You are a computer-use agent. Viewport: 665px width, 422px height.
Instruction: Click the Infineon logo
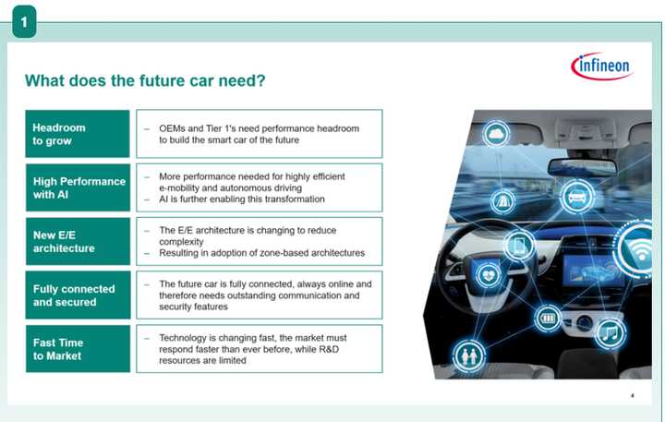(x=600, y=66)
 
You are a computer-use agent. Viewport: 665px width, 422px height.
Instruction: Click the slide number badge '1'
(x=23, y=20)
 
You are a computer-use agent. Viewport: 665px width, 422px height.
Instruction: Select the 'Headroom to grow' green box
(x=78, y=134)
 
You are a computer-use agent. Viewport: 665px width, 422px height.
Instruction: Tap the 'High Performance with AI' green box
(x=78, y=187)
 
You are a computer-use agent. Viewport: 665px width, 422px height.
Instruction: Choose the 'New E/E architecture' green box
(x=78, y=241)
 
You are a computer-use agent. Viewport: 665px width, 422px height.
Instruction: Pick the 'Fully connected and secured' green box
(x=78, y=295)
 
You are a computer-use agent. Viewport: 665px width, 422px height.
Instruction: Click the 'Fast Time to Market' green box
(x=78, y=348)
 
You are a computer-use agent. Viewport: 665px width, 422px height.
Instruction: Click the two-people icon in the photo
(x=466, y=356)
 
